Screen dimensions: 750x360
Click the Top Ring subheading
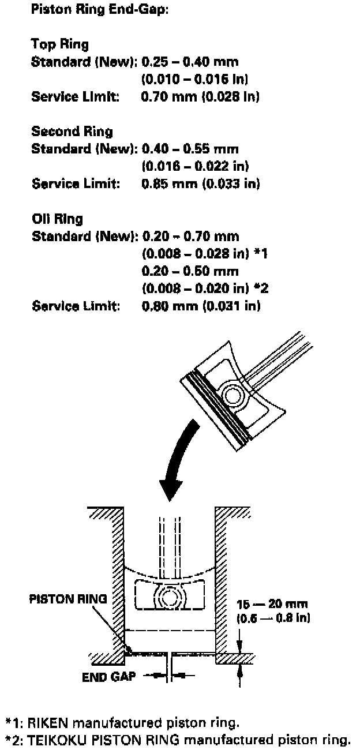60,44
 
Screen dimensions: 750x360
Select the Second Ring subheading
72,132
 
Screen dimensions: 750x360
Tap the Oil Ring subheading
57,219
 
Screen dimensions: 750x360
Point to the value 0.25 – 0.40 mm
190,62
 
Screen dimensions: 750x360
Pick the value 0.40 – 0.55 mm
190,149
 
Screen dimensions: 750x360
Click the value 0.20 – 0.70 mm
190,236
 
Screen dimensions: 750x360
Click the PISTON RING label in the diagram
67,599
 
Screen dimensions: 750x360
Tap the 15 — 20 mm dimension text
272,605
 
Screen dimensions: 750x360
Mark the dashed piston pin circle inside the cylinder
171,598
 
